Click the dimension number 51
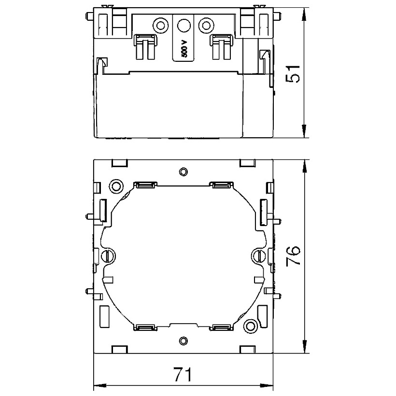coord(293,73)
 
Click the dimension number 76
coord(293,255)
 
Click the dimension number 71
coord(183,374)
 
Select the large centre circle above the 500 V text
coord(184,26)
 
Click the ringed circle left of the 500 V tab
coord(160,26)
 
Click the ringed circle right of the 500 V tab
coord(206,26)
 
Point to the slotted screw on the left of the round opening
coord(108,256)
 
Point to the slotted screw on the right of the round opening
coord(259,256)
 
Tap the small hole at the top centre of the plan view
coord(184,172)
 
